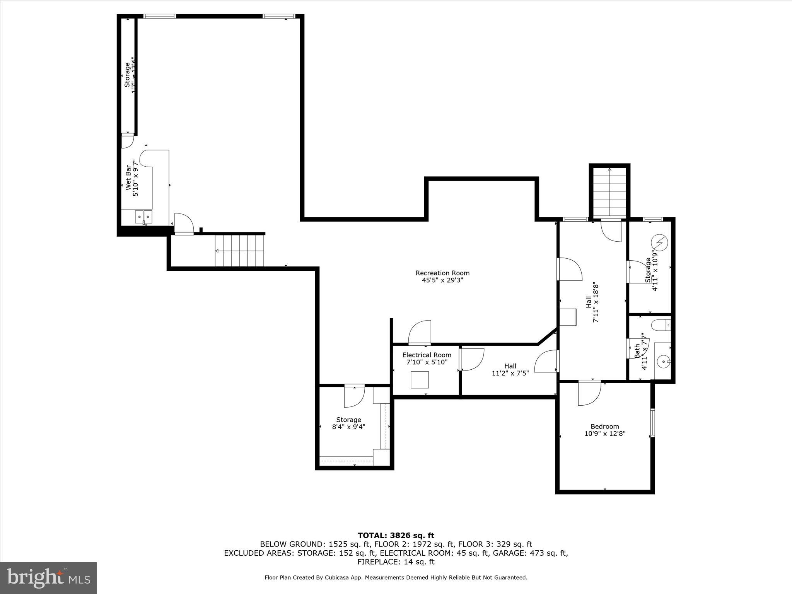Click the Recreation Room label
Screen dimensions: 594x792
pos(442,273)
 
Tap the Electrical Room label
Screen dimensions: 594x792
pos(427,355)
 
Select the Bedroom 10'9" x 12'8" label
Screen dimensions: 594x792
pos(604,430)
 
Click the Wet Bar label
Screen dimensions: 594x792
pos(128,178)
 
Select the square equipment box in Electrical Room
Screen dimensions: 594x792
pos(420,379)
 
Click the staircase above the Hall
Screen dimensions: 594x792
pos(609,193)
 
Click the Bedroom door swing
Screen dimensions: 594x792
pos(589,393)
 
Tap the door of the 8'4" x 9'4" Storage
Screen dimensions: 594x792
pos(354,396)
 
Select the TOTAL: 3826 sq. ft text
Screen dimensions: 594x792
pos(396,535)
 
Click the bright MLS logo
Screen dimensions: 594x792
pos(48,578)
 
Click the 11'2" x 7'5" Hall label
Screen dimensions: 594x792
pos(510,369)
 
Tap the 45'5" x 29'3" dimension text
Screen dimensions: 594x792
pos(442,280)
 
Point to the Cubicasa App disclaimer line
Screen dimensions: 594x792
pos(396,577)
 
